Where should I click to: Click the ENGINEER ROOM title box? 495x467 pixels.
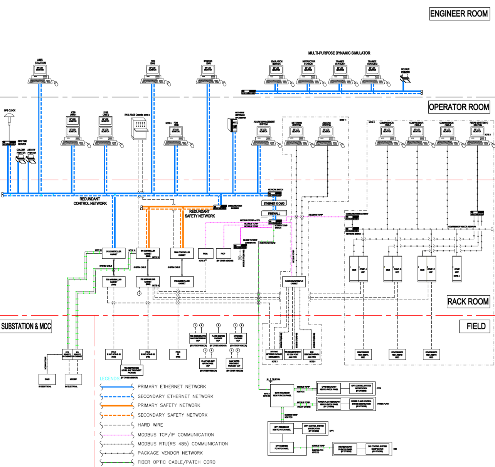click(x=459, y=14)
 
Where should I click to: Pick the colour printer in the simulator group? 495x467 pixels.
click(x=405, y=79)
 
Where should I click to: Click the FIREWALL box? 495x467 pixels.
click(x=274, y=213)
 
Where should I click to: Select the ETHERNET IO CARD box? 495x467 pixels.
click(x=274, y=203)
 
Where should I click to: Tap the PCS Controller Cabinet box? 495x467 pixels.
click(x=114, y=253)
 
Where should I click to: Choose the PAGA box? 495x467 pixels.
click(x=205, y=253)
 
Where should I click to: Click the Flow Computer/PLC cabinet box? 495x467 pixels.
click(x=294, y=281)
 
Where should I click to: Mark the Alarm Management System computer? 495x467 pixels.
click(x=264, y=136)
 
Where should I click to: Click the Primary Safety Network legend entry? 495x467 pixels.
click(x=169, y=405)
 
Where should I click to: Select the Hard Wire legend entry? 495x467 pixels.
click(x=150, y=425)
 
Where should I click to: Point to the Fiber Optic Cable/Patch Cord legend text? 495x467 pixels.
click(x=177, y=462)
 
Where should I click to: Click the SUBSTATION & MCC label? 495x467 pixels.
click(x=26, y=326)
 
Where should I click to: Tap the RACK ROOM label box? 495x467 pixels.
click(x=468, y=301)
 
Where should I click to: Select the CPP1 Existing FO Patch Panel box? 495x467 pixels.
click(x=281, y=447)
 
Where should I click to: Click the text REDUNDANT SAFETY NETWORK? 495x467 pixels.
click(x=200, y=214)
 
